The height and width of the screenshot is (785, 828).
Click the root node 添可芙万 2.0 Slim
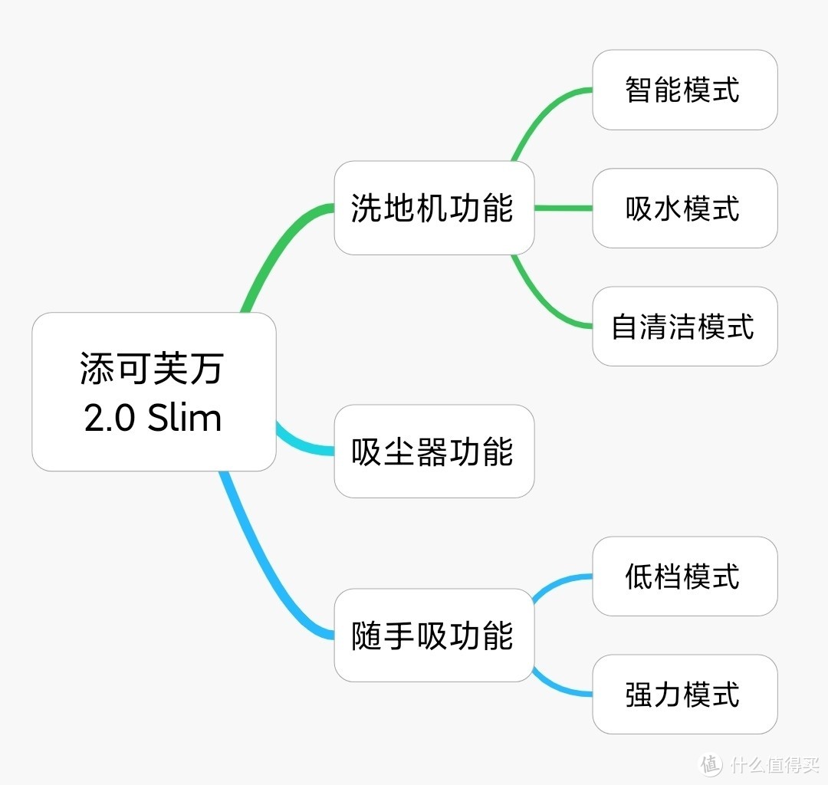tap(153, 392)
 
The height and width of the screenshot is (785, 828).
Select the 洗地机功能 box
tap(433, 208)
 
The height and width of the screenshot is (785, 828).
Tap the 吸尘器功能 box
tap(433, 452)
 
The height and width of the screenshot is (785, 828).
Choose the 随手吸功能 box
tap(433, 636)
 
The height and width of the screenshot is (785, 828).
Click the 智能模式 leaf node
tap(684, 90)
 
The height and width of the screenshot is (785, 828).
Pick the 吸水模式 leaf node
tap(684, 208)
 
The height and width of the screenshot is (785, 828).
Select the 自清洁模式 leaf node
tap(684, 327)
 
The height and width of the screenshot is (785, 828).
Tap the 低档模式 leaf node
tap(684, 576)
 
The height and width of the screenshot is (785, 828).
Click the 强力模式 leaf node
tap(684, 695)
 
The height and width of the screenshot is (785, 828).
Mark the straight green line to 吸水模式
tap(563, 208)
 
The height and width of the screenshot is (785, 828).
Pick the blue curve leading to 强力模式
tap(560, 689)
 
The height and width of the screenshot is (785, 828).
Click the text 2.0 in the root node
tap(110, 419)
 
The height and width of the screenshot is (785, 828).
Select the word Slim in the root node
tap(184, 419)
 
